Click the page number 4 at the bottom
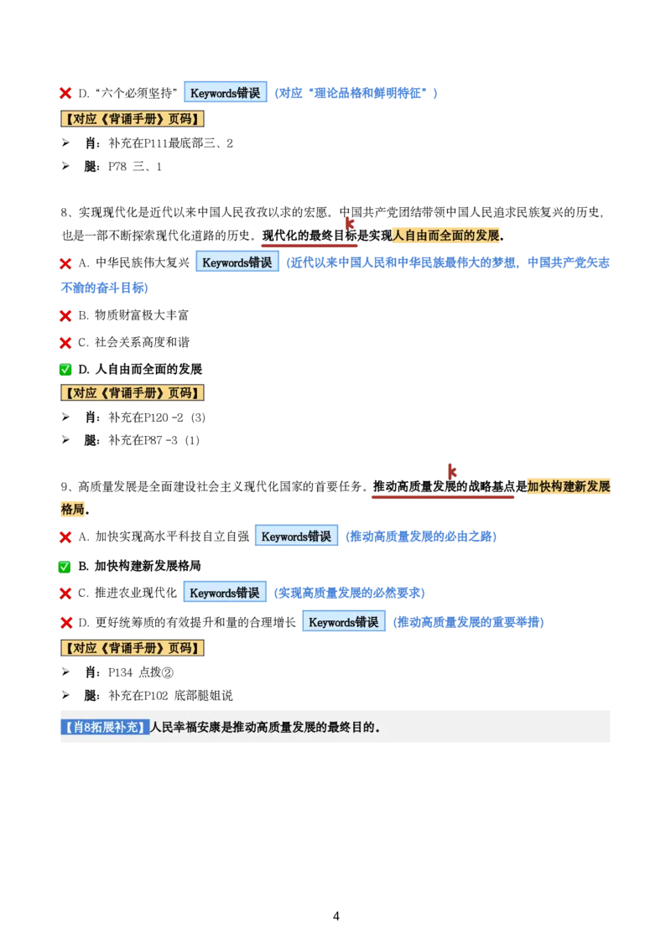(x=336, y=915)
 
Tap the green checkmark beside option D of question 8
(x=65, y=369)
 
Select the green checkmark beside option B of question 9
(x=65, y=567)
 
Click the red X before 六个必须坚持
(x=65, y=93)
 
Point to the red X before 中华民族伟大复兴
(x=65, y=263)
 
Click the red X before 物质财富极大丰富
(x=65, y=315)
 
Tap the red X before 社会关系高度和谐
(x=65, y=343)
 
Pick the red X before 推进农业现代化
(x=65, y=594)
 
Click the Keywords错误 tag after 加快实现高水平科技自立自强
(x=296, y=537)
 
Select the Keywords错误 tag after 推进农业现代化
(x=225, y=593)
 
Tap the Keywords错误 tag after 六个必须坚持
(x=226, y=92)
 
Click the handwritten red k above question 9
(x=452, y=470)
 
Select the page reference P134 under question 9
(x=120, y=672)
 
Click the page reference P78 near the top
(x=117, y=167)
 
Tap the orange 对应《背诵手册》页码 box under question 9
(x=132, y=647)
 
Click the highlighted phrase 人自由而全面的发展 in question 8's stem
(x=446, y=236)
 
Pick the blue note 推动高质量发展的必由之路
(x=421, y=537)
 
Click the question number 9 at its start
(x=64, y=486)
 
